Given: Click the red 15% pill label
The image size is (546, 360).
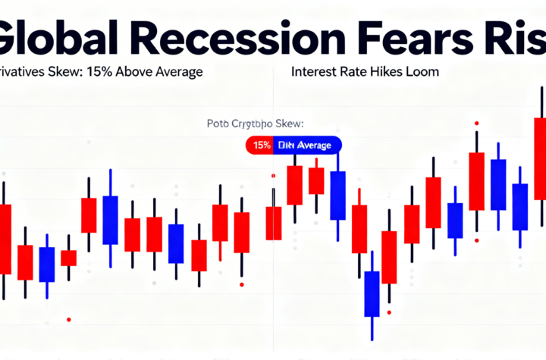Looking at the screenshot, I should [x=259, y=145].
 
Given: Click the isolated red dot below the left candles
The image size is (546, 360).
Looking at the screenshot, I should [x=69, y=319].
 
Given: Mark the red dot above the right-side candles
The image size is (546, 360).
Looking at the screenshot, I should [x=475, y=123].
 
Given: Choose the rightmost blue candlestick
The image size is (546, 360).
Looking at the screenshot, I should [x=519, y=206].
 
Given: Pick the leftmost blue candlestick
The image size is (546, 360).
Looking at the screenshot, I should [x=47, y=264].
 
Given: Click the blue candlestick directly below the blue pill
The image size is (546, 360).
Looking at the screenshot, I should [x=337, y=196].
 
